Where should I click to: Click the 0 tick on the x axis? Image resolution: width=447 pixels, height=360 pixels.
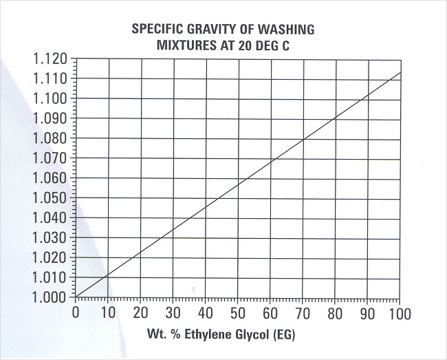click(76, 314)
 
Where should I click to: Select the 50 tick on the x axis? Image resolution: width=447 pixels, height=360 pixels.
click(237, 314)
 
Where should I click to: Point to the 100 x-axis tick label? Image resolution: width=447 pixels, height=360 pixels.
click(398, 314)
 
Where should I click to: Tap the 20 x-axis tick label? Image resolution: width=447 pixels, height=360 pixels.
click(141, 314)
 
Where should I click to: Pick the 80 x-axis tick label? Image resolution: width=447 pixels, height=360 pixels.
click(334, 314)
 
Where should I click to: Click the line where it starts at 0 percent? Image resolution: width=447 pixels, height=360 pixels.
click(77, 297)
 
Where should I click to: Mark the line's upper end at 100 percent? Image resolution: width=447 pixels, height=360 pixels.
click(399, 72)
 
